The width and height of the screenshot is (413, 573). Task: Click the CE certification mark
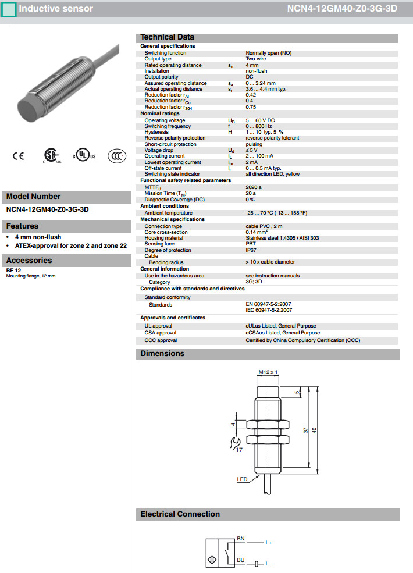pos(18,156)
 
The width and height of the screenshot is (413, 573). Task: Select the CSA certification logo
pos(52,155)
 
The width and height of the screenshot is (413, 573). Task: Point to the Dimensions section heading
pos(162,354)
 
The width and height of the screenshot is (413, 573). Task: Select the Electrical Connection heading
pos(180,514)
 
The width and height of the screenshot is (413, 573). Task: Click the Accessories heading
pos(29,261)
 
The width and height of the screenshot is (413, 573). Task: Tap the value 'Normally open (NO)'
pos(268,53)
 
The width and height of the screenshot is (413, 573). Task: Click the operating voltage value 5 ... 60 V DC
pos(260,120)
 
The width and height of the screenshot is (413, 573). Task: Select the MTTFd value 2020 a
pos(254,187)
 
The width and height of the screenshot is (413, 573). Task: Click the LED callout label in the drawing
pos(242,479)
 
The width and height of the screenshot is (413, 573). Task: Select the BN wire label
pos(241,539)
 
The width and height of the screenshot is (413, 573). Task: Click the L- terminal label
pos(268,564)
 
